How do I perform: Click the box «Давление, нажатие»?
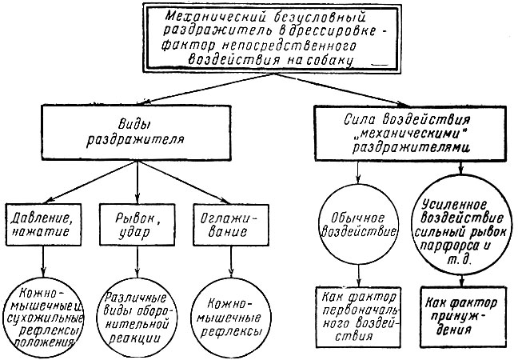point(43,222)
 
